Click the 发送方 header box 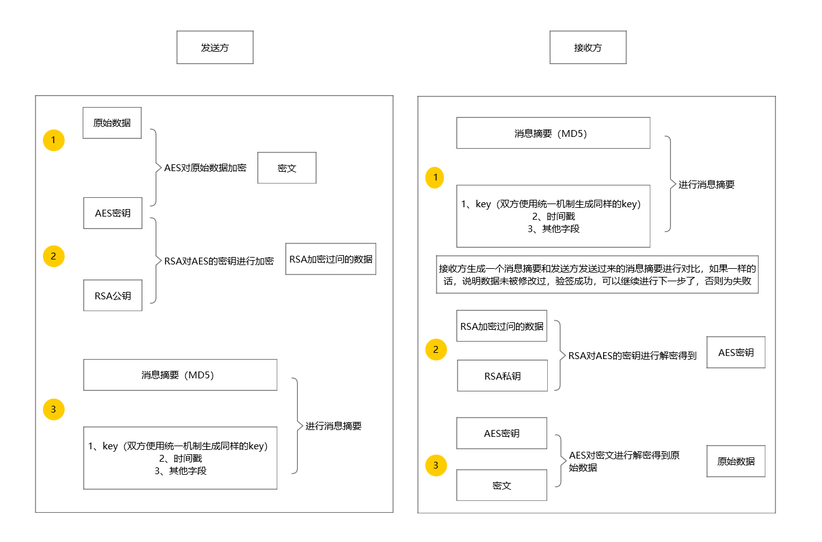coord(215,47)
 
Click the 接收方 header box coord(588,47)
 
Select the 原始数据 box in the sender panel coord(112,123)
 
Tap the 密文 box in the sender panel coord(287,168)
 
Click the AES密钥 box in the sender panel coord(113,213)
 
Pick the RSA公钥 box coord(113,296)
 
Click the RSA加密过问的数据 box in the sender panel coord(331,259)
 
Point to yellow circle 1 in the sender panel coord(53,141)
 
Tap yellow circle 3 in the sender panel coord(53,409)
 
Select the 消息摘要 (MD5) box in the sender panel coord(180,375)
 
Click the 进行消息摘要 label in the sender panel coord(333,426)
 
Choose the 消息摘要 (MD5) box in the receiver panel coord(553,133)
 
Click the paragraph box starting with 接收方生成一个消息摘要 coord(597,274)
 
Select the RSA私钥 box coord(502,376)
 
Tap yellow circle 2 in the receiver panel coord(435,350)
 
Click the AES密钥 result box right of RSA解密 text coord(736,352)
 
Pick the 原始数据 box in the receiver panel coord(736,461)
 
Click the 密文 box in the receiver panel coord(501,485)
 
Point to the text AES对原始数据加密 coord(205,168)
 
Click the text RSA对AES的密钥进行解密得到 coord(632,356)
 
